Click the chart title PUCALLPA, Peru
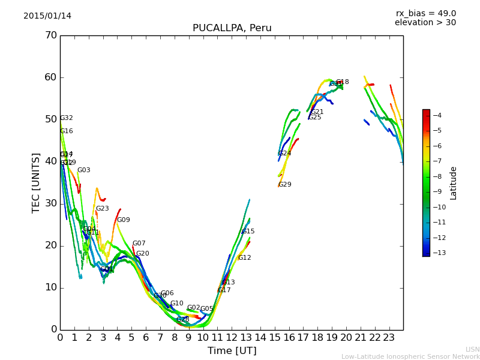click(x=232, y=28)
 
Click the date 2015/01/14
click(x=47, y=16)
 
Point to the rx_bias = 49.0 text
click(x=425, y=13)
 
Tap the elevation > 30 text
click(x=425, y=23)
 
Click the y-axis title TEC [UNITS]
click(x=36, y=182)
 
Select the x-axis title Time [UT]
click(x=232, y=351)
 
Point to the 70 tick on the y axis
click(x=50, y=35)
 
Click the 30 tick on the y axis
click(x=50, y=203)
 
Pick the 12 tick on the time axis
click(x=232, y=338)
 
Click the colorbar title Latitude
click(x=454, y=182)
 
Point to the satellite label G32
click(x=66, y=118)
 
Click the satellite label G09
click(x=123, y=220)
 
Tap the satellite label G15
click(x=248, y=232)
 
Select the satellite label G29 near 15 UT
click(x=284, y=185)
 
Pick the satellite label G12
click(x=244, y=258)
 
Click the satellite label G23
click(x=102, y=209)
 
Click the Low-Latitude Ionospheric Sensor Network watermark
click(x=410, y=356)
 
